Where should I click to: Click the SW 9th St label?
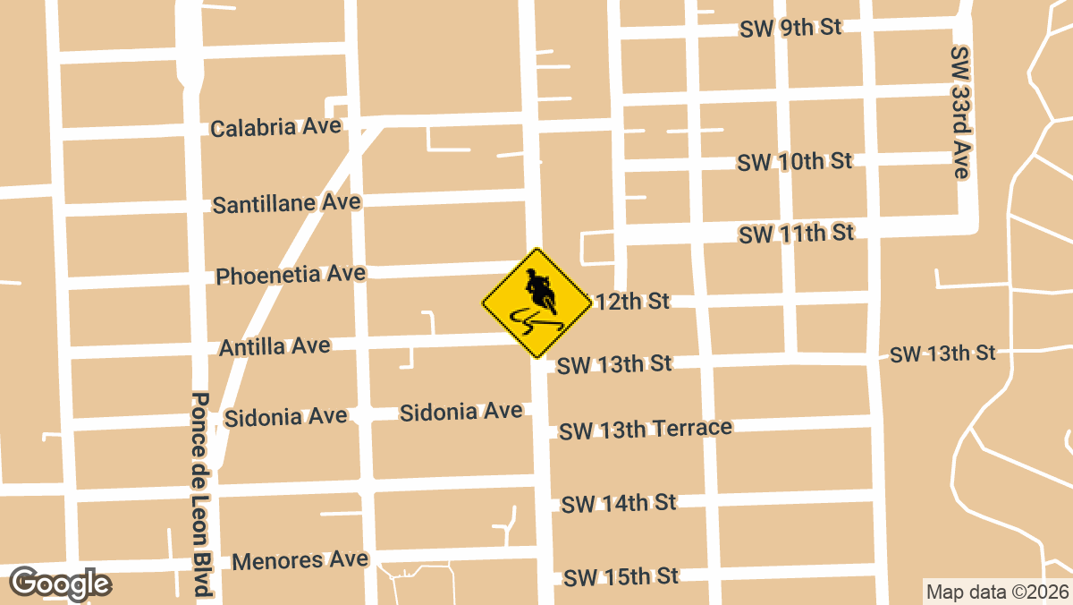790,28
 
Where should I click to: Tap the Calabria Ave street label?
275,127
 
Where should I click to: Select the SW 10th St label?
794,162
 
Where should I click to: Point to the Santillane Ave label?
286,203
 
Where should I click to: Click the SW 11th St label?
796,234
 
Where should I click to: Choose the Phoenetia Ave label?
291,274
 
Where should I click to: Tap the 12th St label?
633,302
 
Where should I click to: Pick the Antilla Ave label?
275,346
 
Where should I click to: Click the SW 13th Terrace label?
646,430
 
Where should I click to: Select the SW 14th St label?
619,504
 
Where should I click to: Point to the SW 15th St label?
621,576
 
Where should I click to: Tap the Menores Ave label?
300,560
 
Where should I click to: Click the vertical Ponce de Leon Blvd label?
200,494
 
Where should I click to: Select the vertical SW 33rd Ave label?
960,113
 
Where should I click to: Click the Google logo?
60,584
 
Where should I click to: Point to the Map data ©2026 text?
996,592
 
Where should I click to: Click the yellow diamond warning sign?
536,303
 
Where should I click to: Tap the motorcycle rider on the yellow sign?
539,288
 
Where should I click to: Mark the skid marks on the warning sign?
534,320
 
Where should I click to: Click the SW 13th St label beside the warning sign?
613,364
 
